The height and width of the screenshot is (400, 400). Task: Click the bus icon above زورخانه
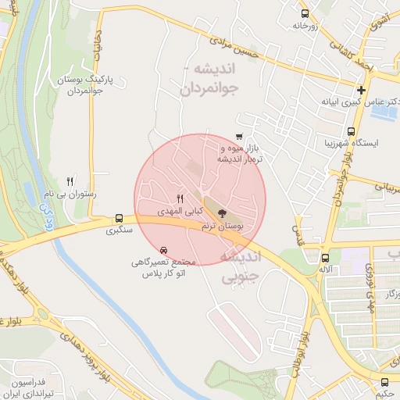(x=304, y=13)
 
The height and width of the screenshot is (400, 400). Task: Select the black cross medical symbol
(x=361, y=90)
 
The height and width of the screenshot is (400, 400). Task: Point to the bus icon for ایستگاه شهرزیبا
(x=351, y=132)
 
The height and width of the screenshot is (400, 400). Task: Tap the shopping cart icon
(x=238, y=137)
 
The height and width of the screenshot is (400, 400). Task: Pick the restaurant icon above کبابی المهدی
(x=180, y=198)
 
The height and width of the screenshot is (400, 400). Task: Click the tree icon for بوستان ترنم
(x=223, y=212)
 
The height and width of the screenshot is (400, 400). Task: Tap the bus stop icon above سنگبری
(x=119, y=218)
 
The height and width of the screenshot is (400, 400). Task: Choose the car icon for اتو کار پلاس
(x=162, y=251)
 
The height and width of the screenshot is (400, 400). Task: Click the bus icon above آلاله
(x=325, y=257)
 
